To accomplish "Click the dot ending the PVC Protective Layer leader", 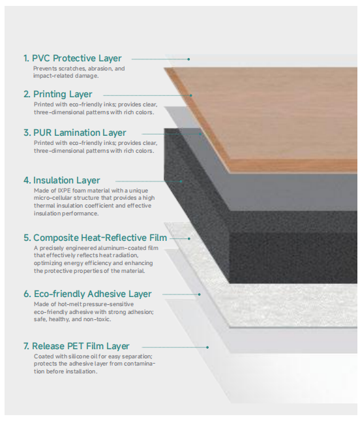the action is click(188, 59).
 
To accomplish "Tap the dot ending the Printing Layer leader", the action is click(191, 95).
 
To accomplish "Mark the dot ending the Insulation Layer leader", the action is click(181, 181).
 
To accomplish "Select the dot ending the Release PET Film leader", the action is click(207, 347).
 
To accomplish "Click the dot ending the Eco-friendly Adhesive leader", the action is click(199, 294).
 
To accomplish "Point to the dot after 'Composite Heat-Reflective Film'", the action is click(189, 239).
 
